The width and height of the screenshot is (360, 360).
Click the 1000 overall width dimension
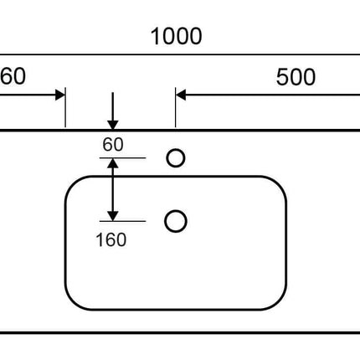tap(176, 36)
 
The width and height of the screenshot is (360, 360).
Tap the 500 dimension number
tap(296, 77)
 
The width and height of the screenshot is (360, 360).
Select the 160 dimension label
tap(111, 239)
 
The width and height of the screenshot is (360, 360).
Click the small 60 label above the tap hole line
tap(113, 144)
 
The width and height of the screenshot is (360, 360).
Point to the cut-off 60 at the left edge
tap(13, 76)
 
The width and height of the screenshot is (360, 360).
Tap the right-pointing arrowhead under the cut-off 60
tap(60, 95)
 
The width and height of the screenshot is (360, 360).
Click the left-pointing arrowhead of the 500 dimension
tap(181, 95)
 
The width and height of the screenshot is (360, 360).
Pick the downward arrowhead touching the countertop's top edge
tap(113, 126)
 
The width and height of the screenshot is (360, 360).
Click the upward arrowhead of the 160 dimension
tap(113, 163)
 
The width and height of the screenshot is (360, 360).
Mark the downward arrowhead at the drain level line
tap(113, 216)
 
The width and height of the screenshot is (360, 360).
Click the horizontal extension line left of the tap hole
tap(123, 158)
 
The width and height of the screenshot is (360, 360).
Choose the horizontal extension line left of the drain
tap(123, 221)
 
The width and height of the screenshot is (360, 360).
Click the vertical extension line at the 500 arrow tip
tap(176, 107)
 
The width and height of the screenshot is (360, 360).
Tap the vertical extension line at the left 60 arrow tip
tap(65, 107)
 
